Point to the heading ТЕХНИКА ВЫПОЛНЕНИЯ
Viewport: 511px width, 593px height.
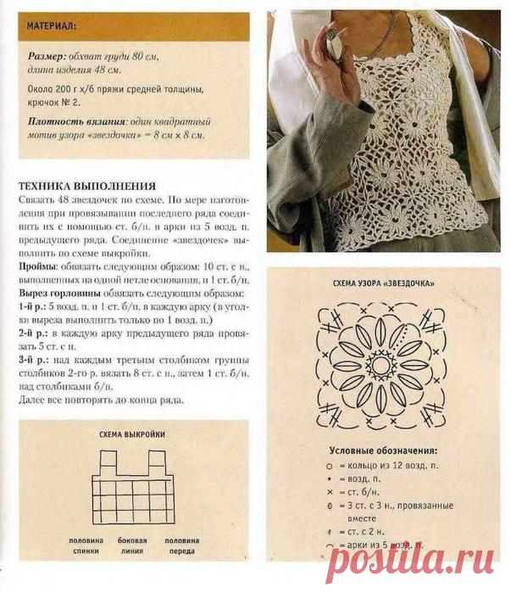[86, 186]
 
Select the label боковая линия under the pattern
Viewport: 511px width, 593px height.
[133, 545]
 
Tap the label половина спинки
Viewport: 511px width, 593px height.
[87, 545]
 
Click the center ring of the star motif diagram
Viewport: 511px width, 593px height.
[378, 364]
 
